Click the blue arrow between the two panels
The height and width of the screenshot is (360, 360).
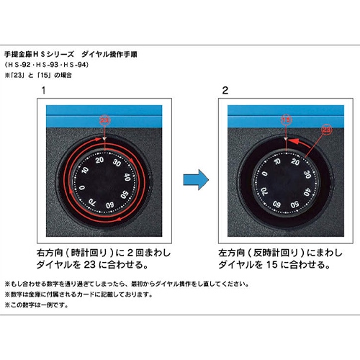pyautogui.click(x=196, y=180)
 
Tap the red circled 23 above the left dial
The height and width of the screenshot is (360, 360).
pyautogui.click(x=104, y=120)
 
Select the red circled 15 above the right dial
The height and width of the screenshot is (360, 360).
pyautogui.click(x=286, y=120)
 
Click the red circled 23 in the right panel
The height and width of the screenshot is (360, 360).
pyautogui.click(x=327, y=130)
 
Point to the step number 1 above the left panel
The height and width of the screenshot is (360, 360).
pyautogui.click(x=43, y=91)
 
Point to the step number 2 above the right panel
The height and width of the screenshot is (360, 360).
pyautogui.click(x=225, y=91)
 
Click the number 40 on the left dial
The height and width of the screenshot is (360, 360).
pyautogui.click(x=127, y=177)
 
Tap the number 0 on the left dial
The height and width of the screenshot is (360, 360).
pyautogui.click(x=82, y=187)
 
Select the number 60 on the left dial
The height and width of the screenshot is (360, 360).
pyautogui.click(x=110, y=205)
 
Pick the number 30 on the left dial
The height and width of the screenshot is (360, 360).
pyautogui.click(x=117, y=163)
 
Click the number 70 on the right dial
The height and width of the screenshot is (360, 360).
pyautogui.click(x=264, y=192)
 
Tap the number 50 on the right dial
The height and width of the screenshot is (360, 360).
pyautogui.click(x=294, y=204)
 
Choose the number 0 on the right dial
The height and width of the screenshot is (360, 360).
pyautogui.click(x=264, y=174)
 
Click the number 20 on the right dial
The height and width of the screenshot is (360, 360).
pyautogui.click(x=295, y=162)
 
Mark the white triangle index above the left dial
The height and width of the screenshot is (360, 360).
pyautogui.click(x=104, y=139)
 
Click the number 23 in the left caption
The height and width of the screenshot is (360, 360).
pyautogui.click(x=90, y=265)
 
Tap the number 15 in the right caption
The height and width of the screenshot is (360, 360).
pyautogui.click(x=271, y=265)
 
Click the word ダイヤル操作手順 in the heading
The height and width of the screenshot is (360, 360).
pyautogui.click(x=109, y=54)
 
